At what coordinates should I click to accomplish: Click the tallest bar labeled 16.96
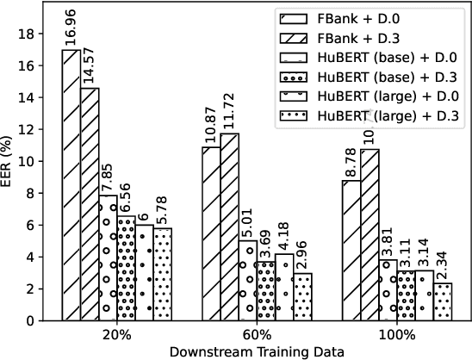(x=71, y=185)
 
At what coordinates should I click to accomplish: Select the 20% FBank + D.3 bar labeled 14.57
(x=90, y=204)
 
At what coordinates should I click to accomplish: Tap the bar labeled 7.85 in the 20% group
(x=109, y=258)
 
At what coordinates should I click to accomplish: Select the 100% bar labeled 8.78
(x=351, y=250)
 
